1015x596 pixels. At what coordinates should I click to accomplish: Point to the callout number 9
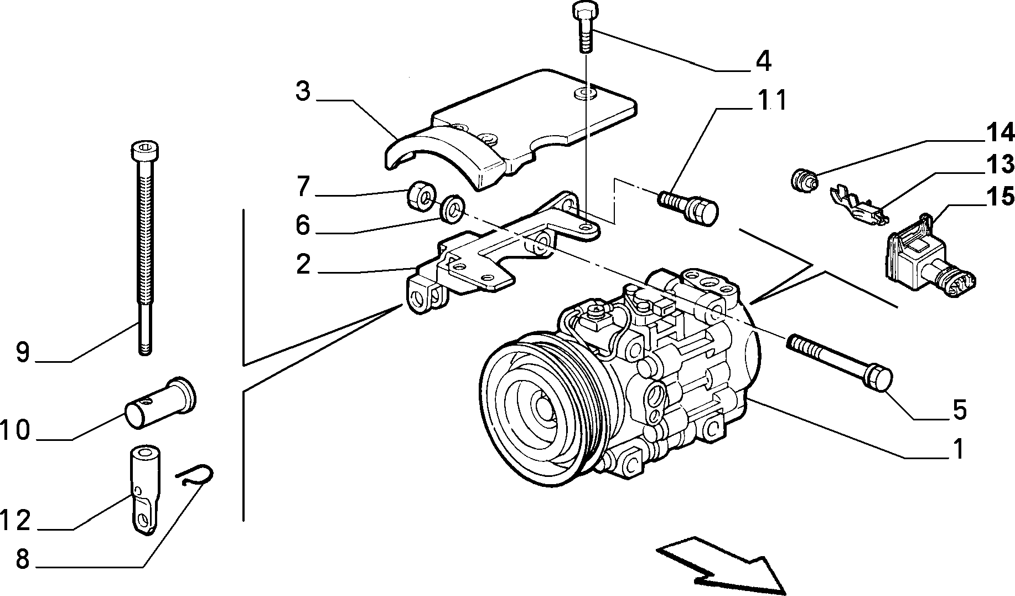(22, 352)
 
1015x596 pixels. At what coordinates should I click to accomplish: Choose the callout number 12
(15, 521)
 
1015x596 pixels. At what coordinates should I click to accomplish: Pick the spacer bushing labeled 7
(421, 195)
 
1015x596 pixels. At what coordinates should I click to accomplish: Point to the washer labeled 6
(453, 208)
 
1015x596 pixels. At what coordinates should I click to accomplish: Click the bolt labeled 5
(839, 359)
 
